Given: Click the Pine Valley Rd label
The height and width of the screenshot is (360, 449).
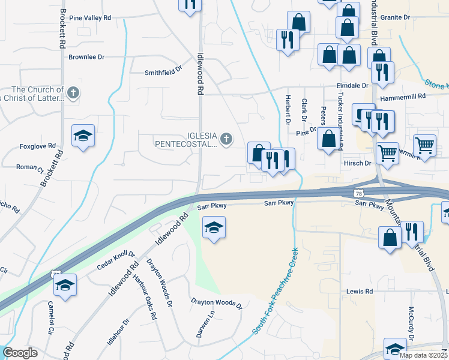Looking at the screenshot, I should pos(90,18).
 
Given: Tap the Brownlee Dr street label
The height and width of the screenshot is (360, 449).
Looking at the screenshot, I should pos(86,58).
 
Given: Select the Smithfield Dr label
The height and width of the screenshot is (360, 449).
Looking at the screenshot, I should pos(163,72).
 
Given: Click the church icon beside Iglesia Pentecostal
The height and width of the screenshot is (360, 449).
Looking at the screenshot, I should pos(226,139).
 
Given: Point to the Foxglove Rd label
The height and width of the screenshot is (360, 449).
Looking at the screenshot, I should pos(37,146).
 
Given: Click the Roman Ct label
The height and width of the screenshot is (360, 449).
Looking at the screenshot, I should pos(27,167).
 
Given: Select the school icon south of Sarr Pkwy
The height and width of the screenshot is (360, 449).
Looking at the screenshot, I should pos(214,228).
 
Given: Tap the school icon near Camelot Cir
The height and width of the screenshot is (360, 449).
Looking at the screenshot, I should pos(65,284).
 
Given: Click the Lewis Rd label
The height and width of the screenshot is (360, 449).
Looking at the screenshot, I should pos(359,292).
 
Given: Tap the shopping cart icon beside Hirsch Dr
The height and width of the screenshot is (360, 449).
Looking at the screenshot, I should pos(387,152).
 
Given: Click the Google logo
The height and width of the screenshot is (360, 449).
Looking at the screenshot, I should pos(20,353).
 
